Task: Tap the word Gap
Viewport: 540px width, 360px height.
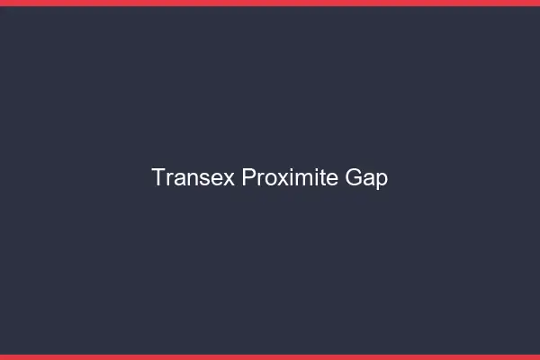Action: click(366, 178)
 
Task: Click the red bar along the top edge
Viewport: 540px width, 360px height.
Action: click(270, 3)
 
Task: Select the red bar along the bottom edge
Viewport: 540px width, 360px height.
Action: click(270, 356)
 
